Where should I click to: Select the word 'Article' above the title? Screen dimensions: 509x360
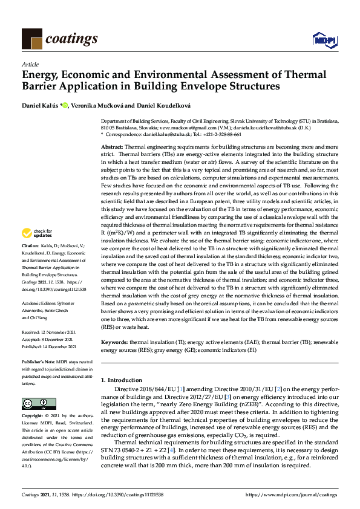30,64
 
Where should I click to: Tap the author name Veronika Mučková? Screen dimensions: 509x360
100,106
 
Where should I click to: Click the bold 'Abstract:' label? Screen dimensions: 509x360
112,147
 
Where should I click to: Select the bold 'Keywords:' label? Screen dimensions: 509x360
114,342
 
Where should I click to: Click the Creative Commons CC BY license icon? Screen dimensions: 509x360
34,403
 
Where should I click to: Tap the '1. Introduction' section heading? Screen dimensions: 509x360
125,380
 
